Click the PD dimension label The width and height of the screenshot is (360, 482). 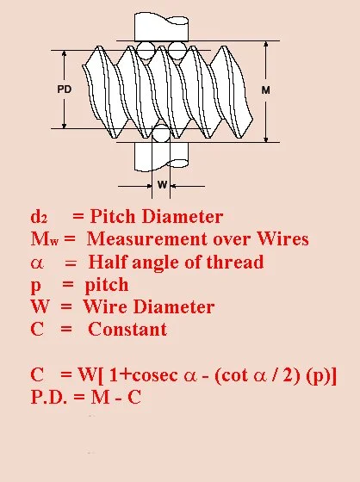click(x=65, y=90)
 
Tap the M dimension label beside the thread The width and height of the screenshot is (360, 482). click(x=266, y=90)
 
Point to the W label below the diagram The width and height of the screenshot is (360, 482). click(x=162, y=185)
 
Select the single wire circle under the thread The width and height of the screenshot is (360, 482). click(x=161, y=133)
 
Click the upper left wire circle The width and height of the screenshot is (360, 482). click(x=146, y=51)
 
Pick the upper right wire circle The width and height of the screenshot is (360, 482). click(x=177, y=51)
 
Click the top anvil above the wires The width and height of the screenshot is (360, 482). click(x=162, y=27)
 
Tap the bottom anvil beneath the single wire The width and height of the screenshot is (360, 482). click(x=162, y=157)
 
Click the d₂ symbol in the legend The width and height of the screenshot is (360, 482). click(x=39, y=216)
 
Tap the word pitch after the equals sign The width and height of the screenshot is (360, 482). click(x=107, y=285)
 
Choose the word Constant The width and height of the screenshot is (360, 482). click(x=127, y=329)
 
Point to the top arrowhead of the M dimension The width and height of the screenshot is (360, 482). click(x=266, y=44)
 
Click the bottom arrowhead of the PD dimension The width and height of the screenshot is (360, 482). click(x=65, y=126)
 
